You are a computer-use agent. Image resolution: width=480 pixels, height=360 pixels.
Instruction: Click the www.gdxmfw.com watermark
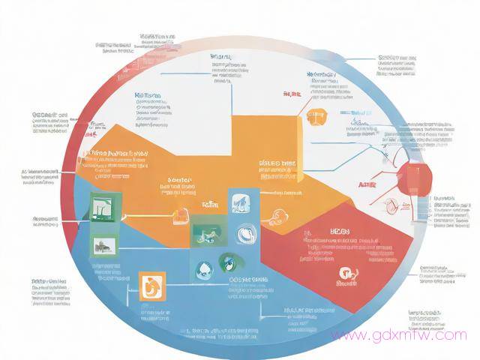tap(398, 335)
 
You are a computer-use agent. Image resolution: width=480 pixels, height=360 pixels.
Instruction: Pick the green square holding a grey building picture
tap(101, 244)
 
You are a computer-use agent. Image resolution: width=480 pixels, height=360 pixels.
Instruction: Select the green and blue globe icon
tap(227, 262)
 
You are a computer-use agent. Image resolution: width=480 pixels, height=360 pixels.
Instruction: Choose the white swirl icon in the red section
tap(346, 273)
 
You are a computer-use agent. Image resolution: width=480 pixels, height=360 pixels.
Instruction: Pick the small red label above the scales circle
tap(291, 94)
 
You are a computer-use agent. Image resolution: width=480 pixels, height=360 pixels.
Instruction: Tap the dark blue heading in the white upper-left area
tap(148, 96)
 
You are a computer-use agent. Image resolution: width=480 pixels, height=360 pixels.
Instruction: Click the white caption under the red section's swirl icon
tap(346, 286)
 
